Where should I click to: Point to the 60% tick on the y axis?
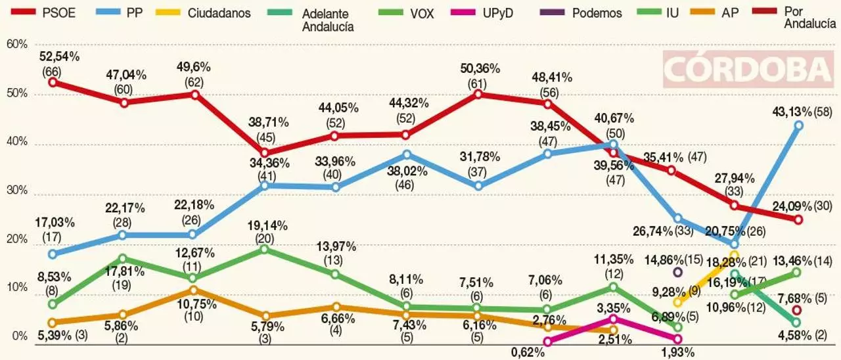point(16,44)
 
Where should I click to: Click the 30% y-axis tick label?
point(16,191)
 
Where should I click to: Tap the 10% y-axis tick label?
point(16,288)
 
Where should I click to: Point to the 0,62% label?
point(529,352)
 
